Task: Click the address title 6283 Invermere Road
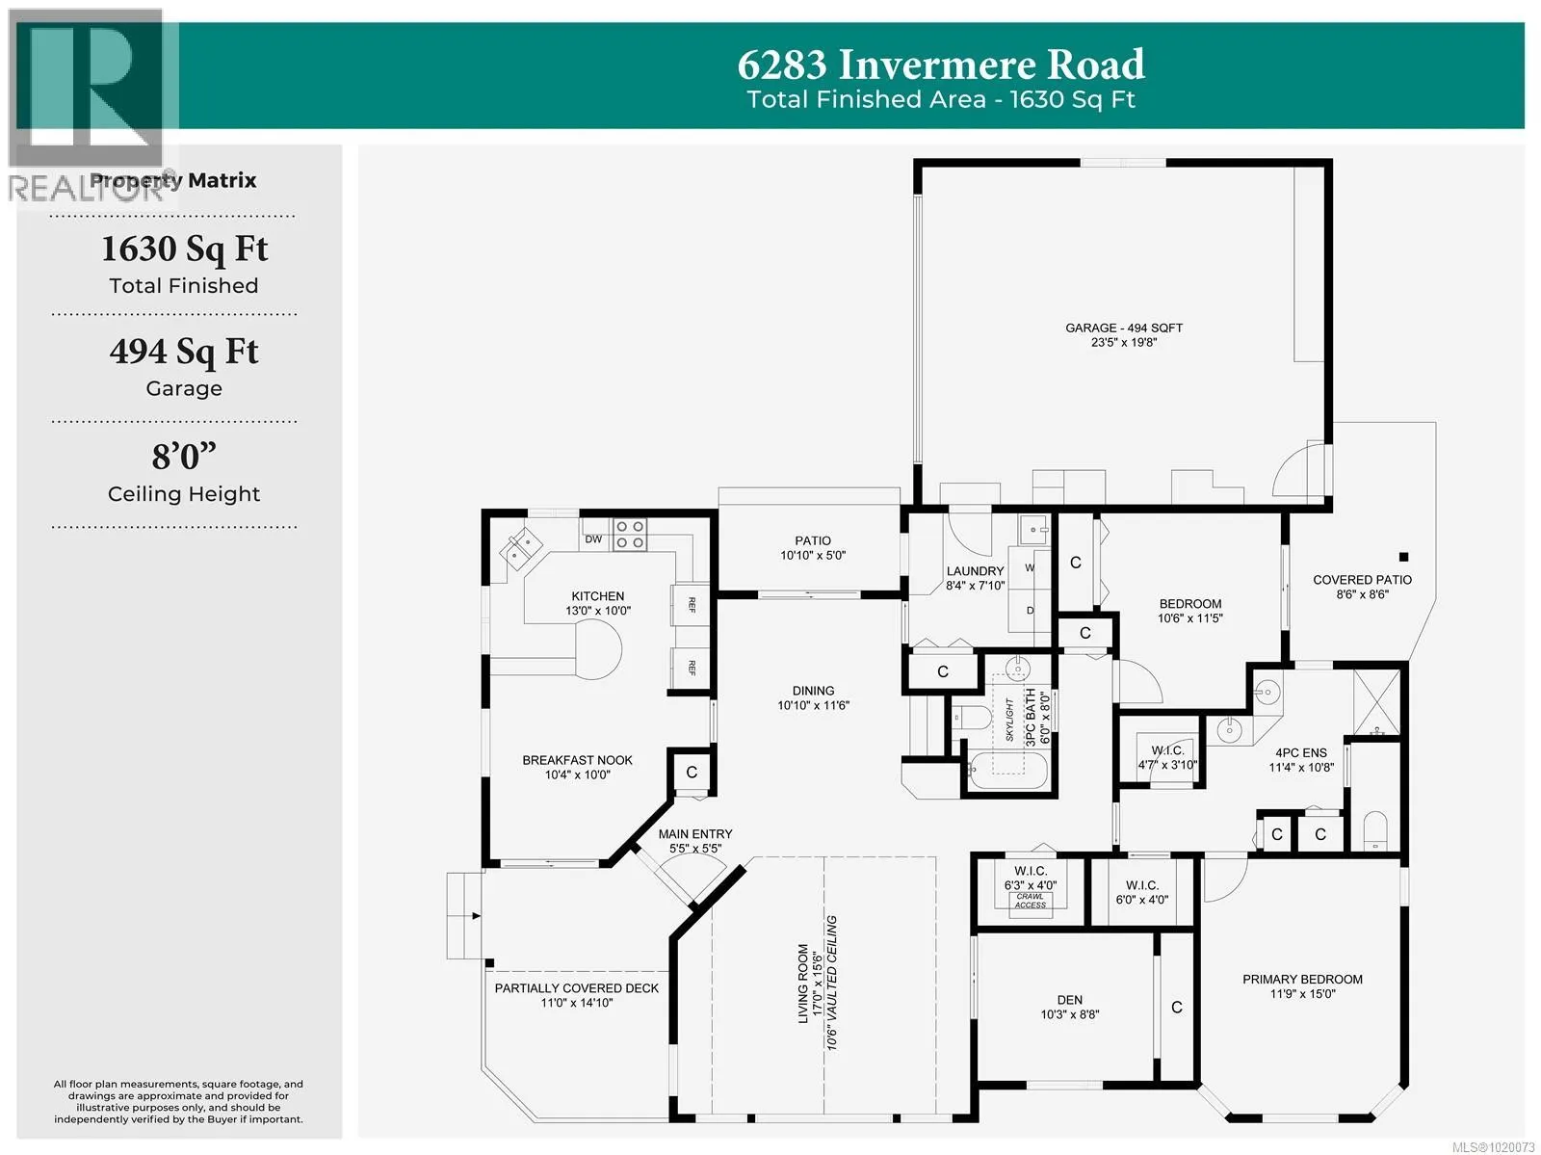click(941, 65)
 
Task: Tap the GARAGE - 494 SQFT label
click(1124, 328)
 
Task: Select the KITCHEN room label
click(597, 596)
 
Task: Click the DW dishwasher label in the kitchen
click(593, 539)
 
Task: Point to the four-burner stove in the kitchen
click(630, 535)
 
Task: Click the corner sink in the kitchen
click(520, 548)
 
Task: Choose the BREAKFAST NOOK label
click(577, 760)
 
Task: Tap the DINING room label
click(813, 691)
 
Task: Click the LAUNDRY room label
click(975, 571)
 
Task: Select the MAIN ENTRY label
click(695, 834)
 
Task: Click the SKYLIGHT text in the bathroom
click(1009, 720)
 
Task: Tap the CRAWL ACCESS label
click(1030, 901)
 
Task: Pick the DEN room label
click(1069, 1000)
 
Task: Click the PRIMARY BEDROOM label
click(1302, 980)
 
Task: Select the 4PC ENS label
click(1301, 752)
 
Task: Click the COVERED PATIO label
click(1362, 580)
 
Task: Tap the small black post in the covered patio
click(1403, 557)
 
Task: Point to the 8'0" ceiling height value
click(184, 457)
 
